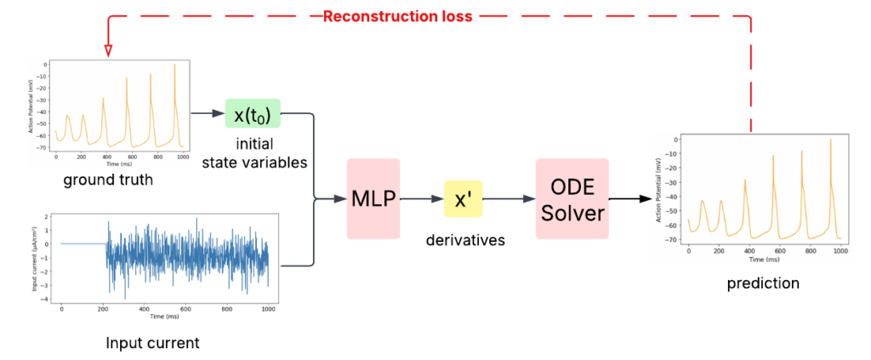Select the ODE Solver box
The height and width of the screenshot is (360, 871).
572,197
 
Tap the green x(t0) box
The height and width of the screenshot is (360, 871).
253,113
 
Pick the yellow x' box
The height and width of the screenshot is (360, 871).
469,198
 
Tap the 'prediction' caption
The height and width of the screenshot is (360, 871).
763,283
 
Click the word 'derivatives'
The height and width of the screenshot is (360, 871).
466,241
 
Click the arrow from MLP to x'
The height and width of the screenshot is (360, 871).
422,198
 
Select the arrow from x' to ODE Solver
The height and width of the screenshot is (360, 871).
513,198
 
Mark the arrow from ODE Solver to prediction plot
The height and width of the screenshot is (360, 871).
630,198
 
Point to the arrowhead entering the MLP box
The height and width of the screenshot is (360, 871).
339,199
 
